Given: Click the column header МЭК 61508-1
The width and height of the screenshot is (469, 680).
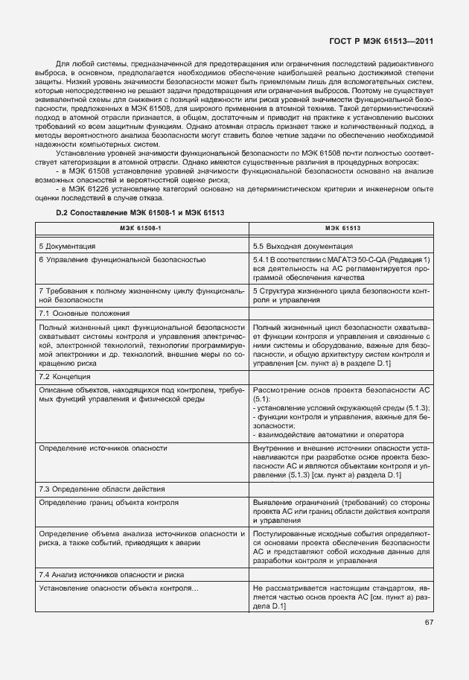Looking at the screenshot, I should (x=141, y=227).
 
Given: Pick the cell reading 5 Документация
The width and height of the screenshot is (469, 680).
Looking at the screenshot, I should (x=67, y=245).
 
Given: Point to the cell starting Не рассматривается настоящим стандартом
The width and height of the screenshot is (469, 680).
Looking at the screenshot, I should (x=341, y=598).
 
